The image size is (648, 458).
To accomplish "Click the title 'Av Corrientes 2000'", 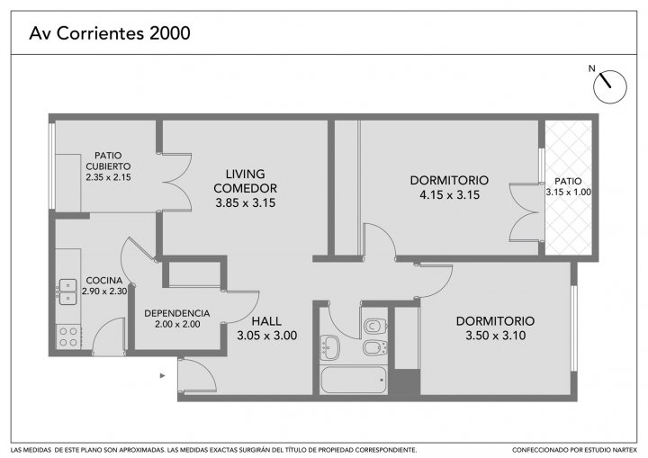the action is (110, 33).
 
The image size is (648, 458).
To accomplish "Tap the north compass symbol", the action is (610, 86).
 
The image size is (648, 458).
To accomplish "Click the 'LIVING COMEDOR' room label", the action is (245, 181).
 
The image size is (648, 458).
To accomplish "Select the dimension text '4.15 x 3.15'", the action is (450, 194).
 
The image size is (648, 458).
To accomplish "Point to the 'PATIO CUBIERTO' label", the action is (108, 161).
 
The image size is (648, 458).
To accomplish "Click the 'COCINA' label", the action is (104, 280).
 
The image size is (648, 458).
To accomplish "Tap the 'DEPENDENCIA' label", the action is (177, 313).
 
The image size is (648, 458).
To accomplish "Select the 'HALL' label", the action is (266, 320).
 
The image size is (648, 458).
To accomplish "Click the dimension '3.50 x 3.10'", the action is (496, 336).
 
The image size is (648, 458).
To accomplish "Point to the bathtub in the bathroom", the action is (354, 380).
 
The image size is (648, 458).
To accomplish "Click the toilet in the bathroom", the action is (375, 326).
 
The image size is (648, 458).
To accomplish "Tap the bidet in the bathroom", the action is (374, 347).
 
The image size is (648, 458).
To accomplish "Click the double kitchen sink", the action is (67, 292).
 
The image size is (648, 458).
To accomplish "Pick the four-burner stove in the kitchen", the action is (68, 337).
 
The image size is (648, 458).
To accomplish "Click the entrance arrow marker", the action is (163, 376).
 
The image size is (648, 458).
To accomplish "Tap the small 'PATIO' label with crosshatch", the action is (568, 181).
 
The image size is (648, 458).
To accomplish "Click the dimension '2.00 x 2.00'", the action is (177, 325).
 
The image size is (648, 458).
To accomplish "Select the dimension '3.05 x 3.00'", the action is (267, 336).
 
